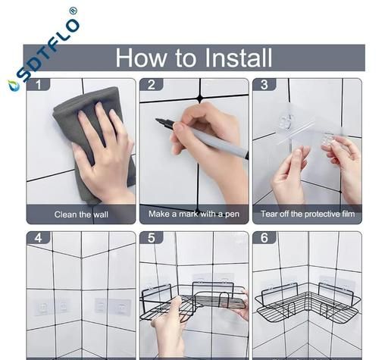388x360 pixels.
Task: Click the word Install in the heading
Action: [238, 58]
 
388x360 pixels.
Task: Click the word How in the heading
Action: [141, 58]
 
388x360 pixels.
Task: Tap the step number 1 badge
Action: [39, 84]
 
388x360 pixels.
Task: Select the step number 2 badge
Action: [152, 84]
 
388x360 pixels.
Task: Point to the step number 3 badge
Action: [264, 84]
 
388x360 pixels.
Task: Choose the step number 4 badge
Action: [39, 237]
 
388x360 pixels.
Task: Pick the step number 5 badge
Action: [152, 237]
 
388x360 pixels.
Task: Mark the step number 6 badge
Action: [264, 237]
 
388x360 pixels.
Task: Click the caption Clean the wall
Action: [81, 214]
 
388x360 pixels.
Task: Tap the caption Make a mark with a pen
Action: [194, 214]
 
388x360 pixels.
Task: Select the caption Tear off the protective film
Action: [308, 214]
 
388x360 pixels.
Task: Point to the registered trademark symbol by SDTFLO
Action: [73, 11]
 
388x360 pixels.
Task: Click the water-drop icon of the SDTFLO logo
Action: [11, 85]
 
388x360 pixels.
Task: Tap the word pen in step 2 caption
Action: [232, 214]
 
